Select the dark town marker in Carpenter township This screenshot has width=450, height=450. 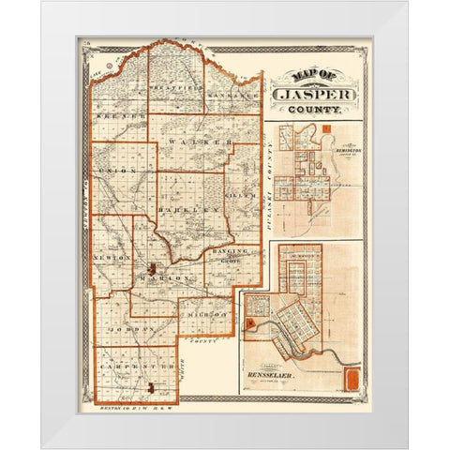148,385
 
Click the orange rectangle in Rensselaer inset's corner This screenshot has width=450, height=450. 352,381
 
